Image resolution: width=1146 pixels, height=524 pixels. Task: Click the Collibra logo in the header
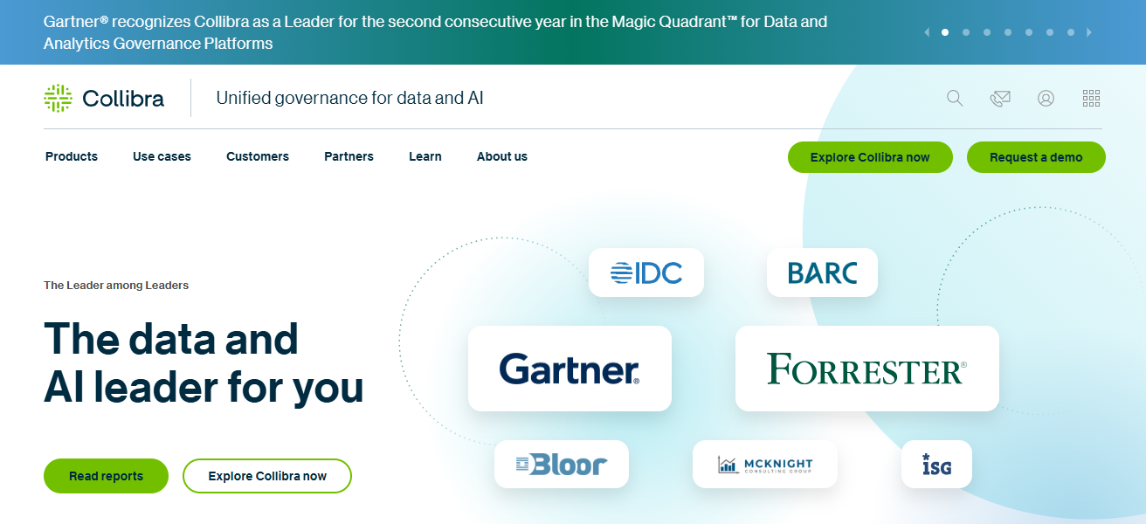point(104,98)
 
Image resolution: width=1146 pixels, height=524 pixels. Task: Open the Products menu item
point(72,157)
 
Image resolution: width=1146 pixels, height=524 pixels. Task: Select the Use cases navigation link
point(162,157)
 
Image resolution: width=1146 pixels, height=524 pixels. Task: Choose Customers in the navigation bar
point(258,157)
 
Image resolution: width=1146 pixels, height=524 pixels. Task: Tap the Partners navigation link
point(349,157)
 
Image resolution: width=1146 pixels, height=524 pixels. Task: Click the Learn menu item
point(425,157)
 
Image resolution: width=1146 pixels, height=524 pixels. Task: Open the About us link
point(502,157)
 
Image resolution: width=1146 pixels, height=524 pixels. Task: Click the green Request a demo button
point(1036,157)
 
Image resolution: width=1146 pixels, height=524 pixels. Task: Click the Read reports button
point(106,476)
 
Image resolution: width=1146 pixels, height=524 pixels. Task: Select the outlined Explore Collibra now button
point(267,476)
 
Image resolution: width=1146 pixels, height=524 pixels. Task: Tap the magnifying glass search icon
point(955,98)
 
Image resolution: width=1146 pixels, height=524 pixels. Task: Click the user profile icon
point(1046,98)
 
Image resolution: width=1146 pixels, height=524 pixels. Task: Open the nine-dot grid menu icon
point(1091,98)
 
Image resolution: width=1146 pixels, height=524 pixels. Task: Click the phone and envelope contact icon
point(1000,98)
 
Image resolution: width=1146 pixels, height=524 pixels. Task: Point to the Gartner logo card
point(570,369)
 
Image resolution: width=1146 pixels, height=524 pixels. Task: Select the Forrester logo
point(866,369)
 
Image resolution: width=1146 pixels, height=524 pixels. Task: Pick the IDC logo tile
point(646,272)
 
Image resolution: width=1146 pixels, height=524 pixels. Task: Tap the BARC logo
point(822,272)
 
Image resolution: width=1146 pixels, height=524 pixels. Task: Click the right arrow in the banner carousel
point(1089,32)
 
